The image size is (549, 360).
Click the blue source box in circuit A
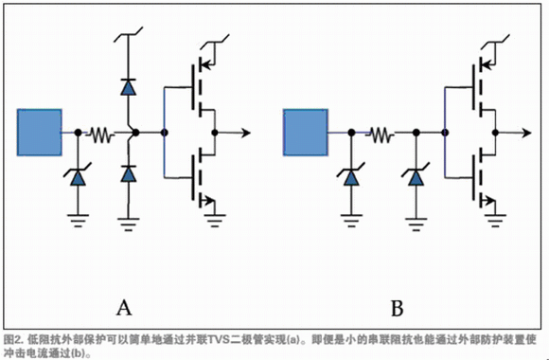40,132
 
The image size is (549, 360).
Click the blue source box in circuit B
306,132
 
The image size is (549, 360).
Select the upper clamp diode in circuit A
128,87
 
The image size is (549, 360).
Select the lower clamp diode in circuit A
128,173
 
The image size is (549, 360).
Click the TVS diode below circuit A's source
78,176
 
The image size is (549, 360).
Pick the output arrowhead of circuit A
246,133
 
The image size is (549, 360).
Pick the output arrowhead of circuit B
526,133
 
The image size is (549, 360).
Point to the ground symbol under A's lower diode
128,225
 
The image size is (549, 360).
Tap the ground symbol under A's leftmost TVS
78,221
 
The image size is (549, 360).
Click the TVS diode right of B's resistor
416,176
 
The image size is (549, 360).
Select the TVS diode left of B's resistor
351,176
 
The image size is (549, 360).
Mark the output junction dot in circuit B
495,133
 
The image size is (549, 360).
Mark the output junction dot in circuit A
215,133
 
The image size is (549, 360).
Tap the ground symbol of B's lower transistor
495,221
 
